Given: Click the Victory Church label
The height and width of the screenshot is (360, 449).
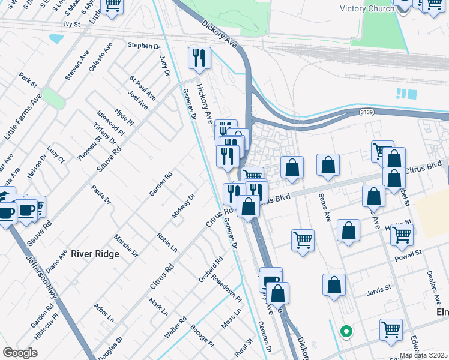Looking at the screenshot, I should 366,8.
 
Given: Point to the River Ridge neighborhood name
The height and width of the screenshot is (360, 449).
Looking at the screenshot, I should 95,254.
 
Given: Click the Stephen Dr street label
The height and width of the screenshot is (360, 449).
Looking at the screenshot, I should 144,46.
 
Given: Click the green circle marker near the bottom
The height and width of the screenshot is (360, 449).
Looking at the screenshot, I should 346,331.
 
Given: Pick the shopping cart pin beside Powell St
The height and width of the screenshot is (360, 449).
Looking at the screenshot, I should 402,236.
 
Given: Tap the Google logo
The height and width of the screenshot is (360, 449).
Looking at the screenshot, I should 20,353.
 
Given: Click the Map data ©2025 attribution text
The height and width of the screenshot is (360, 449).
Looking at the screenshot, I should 423,355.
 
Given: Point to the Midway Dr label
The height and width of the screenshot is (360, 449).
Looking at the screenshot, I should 184,206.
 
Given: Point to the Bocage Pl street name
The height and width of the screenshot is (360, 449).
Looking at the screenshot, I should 202,336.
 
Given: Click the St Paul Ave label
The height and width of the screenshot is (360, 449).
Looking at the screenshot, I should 143,88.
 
